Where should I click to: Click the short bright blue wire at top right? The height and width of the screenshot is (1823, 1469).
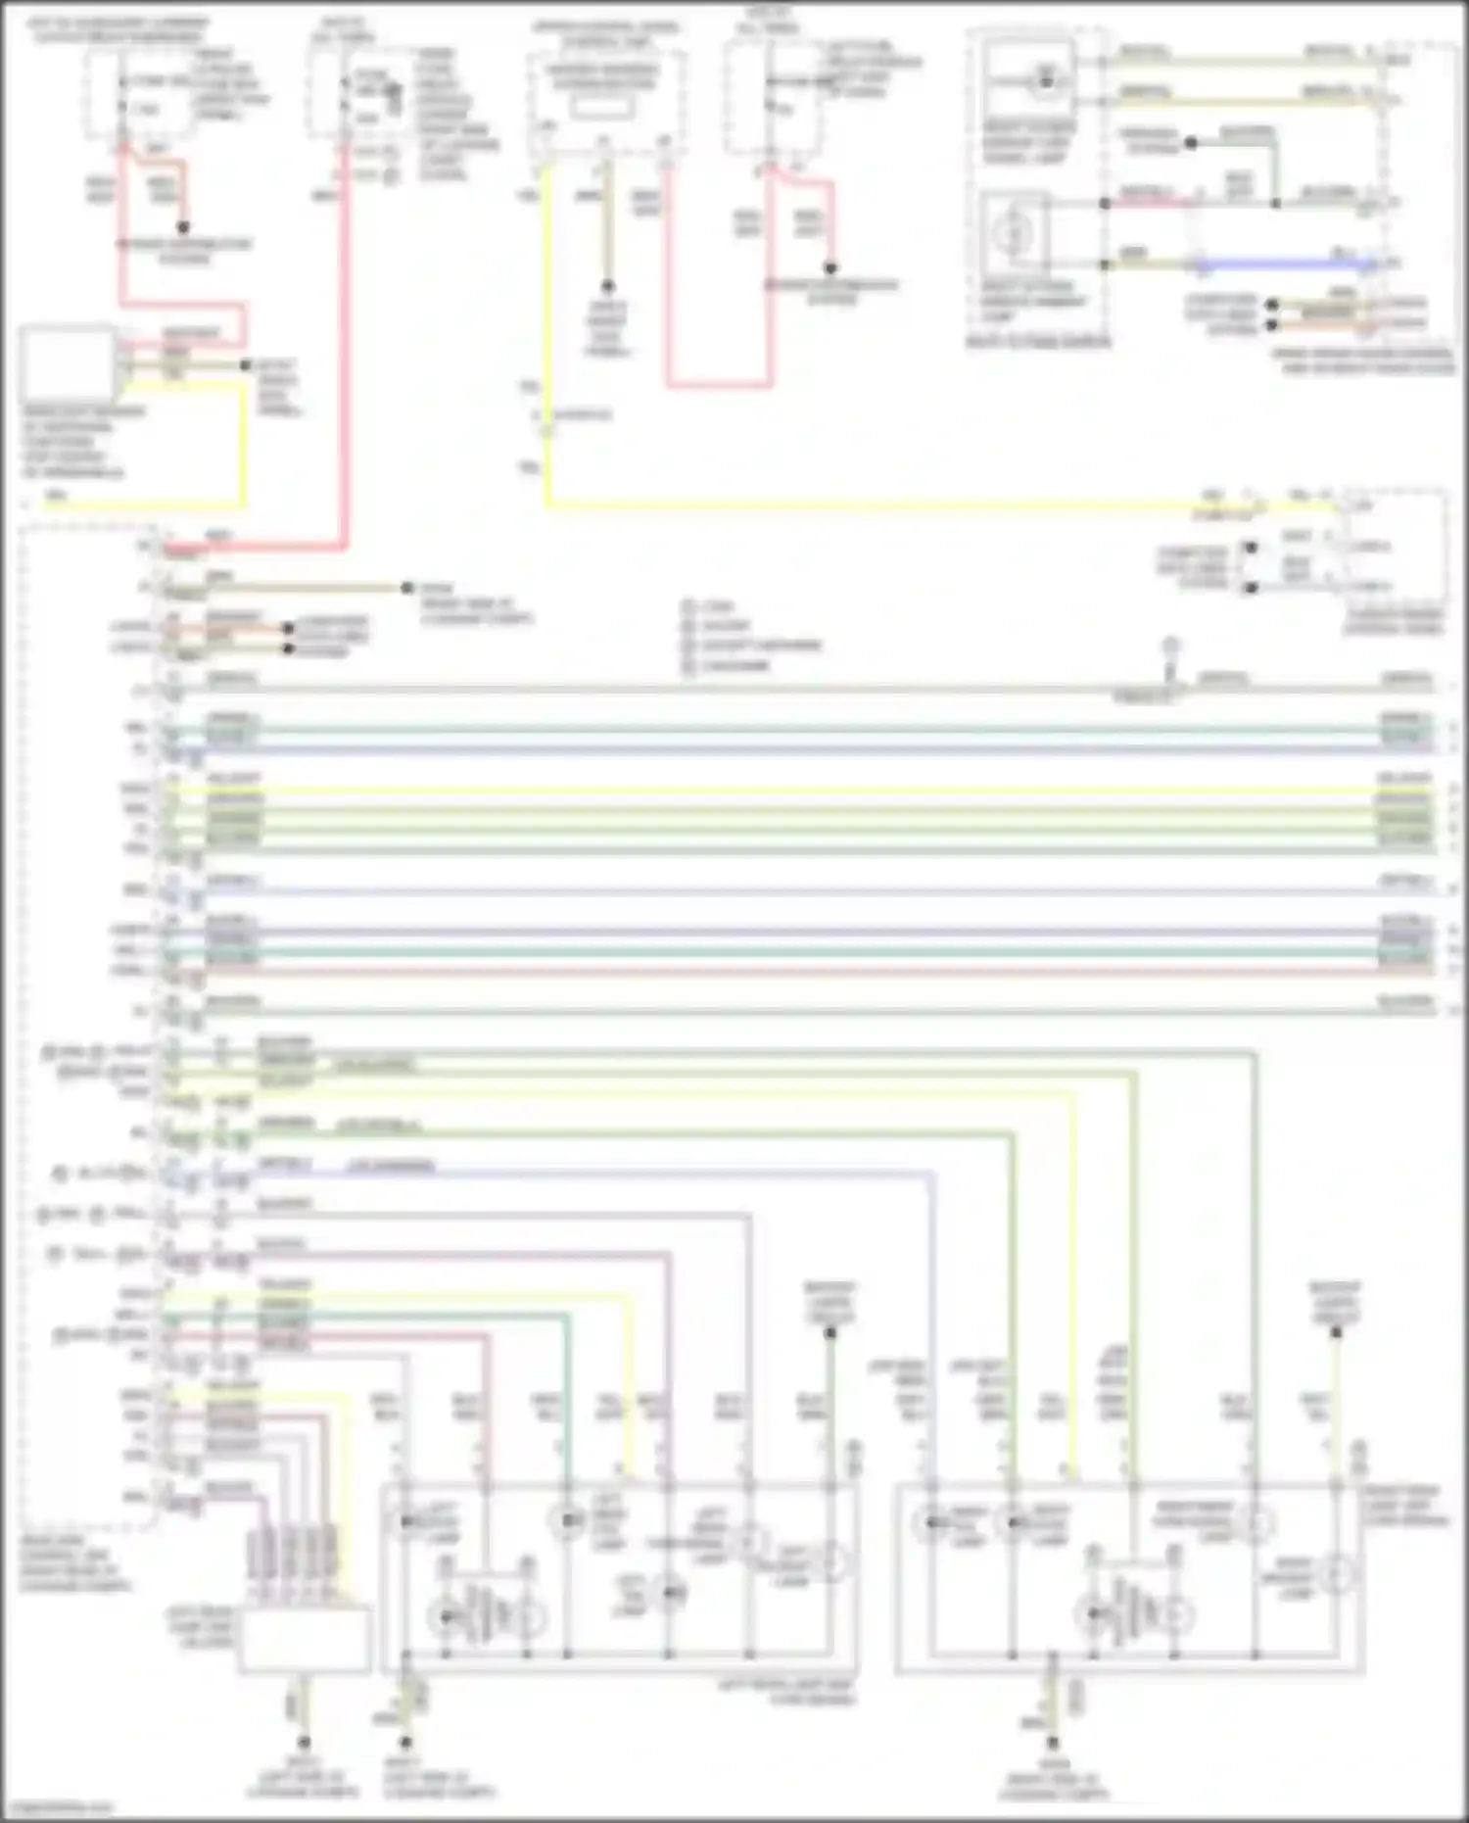1283,264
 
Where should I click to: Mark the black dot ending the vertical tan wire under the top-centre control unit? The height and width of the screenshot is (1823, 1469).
607,286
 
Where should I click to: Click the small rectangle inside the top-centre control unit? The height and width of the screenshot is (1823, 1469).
601,108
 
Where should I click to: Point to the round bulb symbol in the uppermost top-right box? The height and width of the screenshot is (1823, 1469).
1045,80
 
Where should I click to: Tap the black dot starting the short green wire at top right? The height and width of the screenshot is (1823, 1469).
1191,143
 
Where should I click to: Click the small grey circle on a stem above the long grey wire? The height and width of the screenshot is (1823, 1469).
1169,647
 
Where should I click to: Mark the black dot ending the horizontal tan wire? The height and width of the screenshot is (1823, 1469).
407,588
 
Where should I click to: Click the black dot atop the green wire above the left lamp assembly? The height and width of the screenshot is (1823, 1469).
830,1332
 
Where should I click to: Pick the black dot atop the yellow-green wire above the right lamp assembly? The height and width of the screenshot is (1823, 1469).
1336,1332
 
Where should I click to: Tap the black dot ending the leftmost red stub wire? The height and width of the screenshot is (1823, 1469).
183,227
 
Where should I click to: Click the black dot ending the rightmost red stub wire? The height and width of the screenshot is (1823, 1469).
830,267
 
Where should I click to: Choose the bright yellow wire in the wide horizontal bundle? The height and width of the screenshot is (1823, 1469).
783,790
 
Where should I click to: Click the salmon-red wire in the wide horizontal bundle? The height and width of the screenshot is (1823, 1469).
783,971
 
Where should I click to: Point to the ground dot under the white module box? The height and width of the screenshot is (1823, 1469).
305,1743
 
